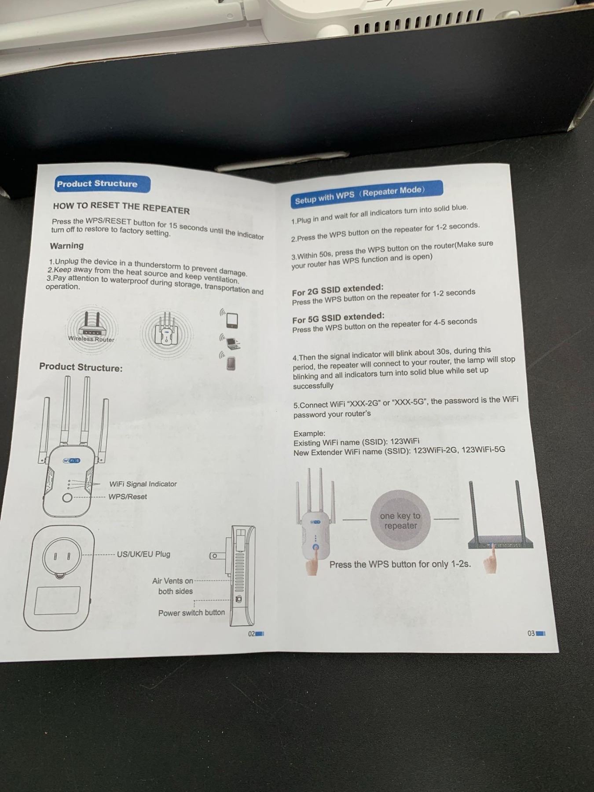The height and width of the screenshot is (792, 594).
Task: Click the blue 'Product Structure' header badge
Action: coord(102,184)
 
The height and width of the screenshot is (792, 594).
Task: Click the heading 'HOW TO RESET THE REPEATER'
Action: coord(121,208)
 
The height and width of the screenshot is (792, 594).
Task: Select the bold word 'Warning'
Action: coord(67,246)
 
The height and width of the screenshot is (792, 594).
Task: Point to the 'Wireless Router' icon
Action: coord(92,328)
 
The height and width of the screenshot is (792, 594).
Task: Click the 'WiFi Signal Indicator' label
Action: coord(143,484)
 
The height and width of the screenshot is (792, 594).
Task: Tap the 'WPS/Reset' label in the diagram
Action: coord(128,497)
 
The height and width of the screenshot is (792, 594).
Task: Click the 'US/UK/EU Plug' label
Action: coord(143,554)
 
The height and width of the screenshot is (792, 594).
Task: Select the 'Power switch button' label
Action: coord(191,612)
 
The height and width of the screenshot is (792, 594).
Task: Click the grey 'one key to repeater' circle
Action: coord(400,520)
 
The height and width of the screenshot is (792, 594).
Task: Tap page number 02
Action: coord(252,634)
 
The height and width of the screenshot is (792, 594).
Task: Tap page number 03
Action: coord(532,634)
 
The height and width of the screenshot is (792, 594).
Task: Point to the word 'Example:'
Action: coord(309,433)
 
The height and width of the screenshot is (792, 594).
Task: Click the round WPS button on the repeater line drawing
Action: coord(67,498)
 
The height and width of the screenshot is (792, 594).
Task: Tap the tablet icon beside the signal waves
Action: coord(232,321)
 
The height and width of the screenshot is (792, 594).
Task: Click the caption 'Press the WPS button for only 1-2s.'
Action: coord(400,564)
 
